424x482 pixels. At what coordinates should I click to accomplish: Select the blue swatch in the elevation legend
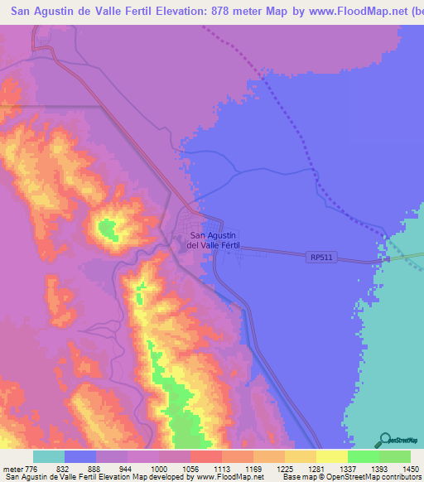click(x=79, y=456)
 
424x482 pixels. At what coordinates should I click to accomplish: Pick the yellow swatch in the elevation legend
click(x=331, y=456)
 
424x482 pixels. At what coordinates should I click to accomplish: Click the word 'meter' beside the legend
click(x=12, y=469)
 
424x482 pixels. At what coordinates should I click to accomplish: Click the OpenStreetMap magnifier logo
click(x=384, y=439)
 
